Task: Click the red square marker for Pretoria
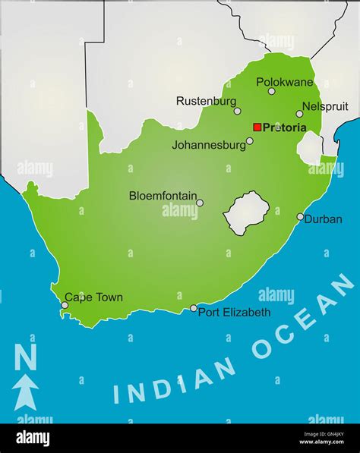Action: point(257,127)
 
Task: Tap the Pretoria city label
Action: point(285,127)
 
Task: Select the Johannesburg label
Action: point(208,144)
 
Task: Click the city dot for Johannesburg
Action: point(250,140)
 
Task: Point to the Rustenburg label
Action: point(205,100)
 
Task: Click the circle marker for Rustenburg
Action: point(237,111)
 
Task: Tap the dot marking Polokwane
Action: point(272,91)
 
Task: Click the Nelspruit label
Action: point(325,107)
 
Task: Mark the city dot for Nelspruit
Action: point(299,114)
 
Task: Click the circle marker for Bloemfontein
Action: point(200,203)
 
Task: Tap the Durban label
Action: point(324,219)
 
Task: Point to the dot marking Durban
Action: point(300,217)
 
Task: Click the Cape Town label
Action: point(93,297)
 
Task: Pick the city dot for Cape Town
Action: point(65,305)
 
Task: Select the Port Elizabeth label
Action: point(234,312)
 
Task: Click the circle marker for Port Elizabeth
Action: point(194,308)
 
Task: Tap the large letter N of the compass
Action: point(26,357)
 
